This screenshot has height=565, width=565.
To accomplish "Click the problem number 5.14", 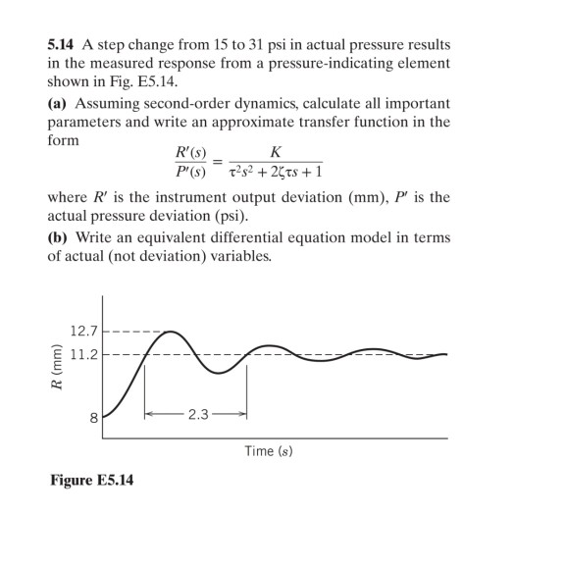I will click(63, 45).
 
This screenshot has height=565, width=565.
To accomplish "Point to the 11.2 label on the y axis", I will click(83, 354).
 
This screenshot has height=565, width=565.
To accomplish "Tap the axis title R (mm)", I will click(56, 371).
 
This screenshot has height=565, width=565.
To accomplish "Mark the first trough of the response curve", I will click(221, 373).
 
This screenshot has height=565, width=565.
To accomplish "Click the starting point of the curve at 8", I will click(105, 417).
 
